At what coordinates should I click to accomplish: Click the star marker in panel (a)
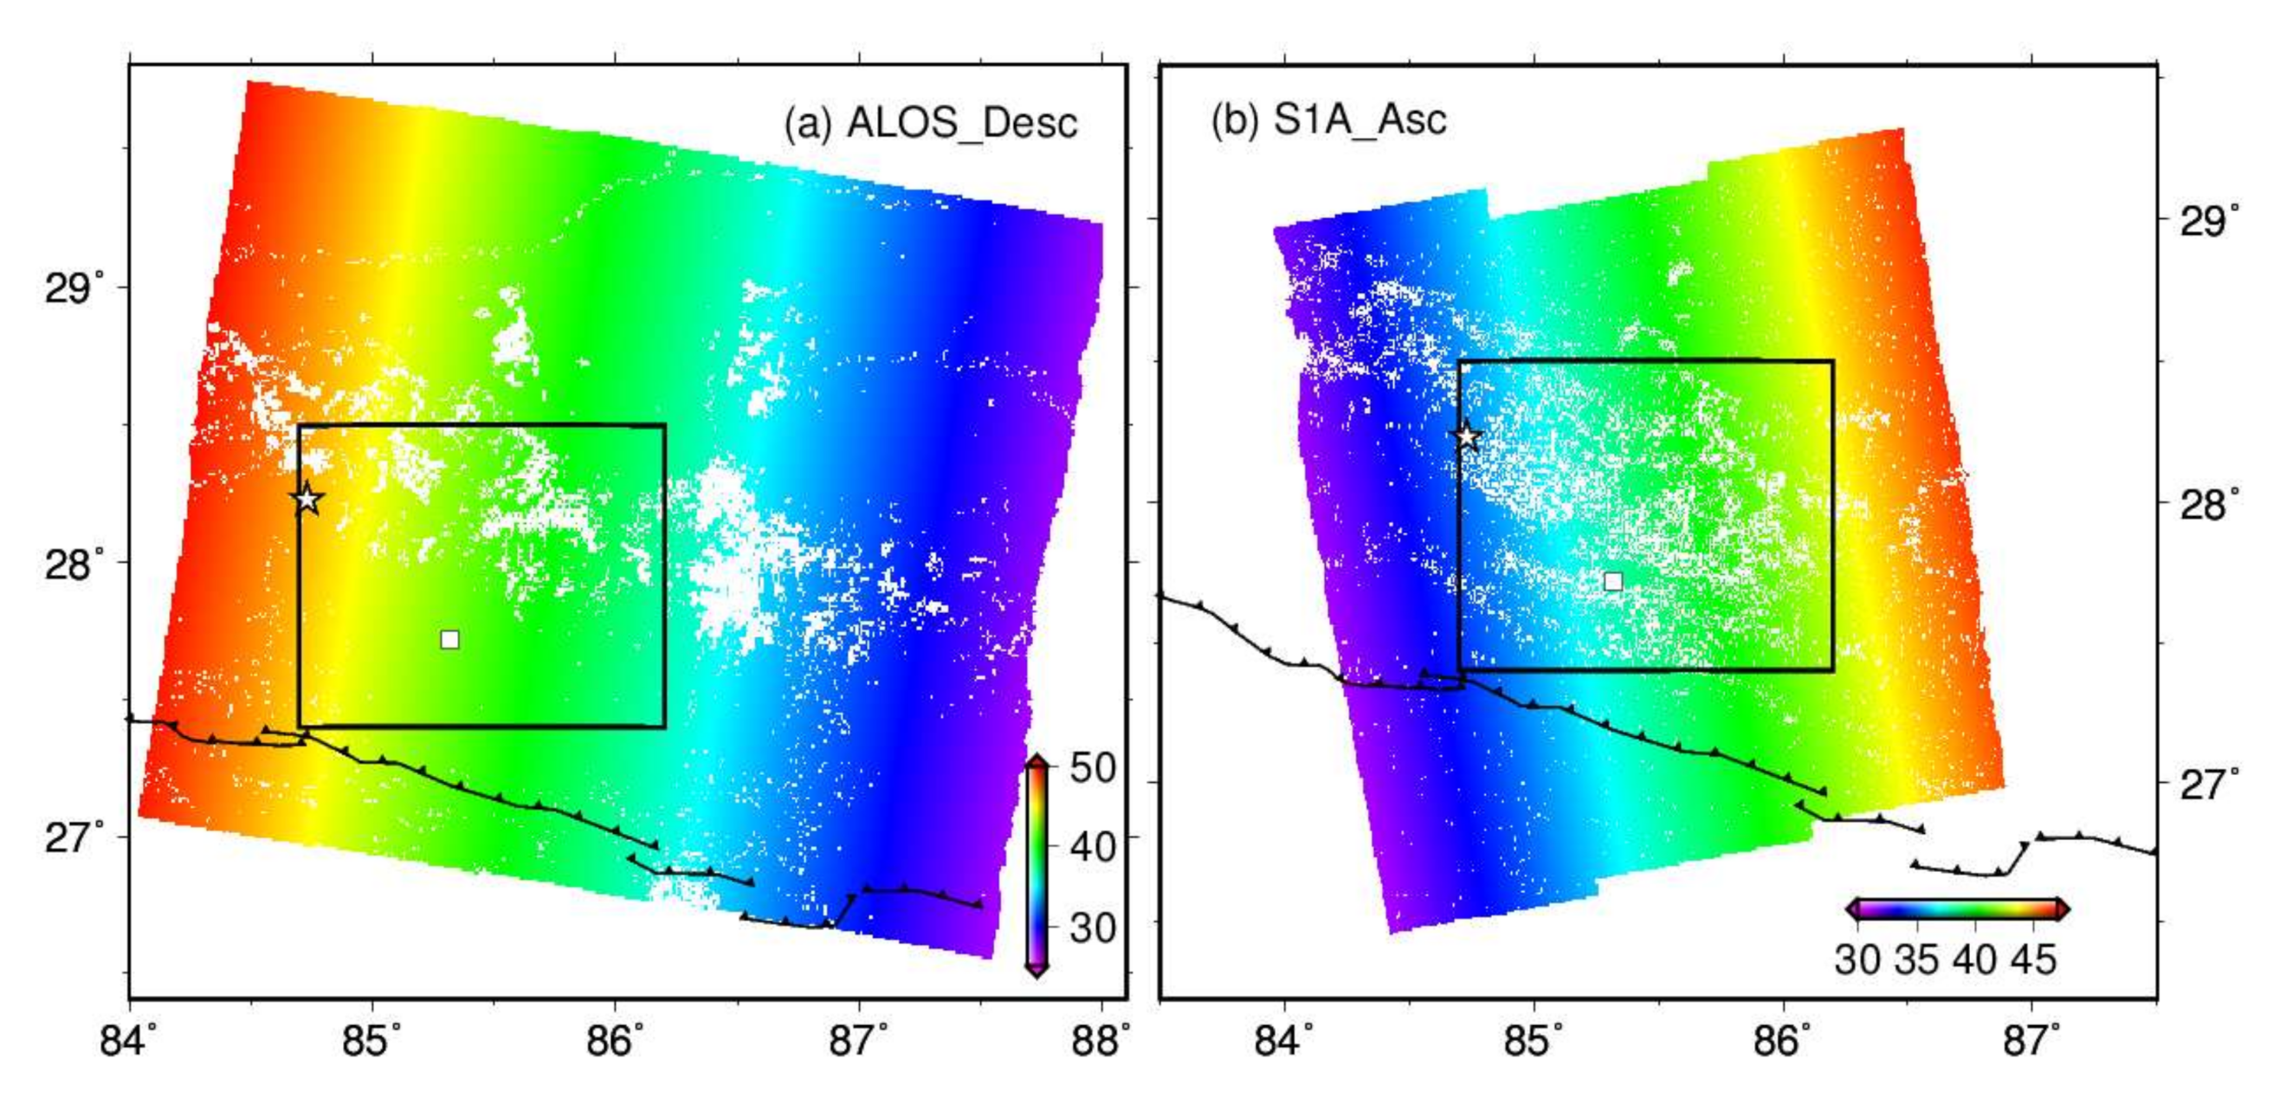click(x=307, y=500)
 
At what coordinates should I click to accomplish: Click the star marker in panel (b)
click(x=1467, y=436)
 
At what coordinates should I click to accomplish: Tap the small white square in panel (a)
click(x=450, y=640)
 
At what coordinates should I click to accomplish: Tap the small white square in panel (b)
click(x=1613, y=581)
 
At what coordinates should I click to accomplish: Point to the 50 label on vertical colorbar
click(x=1093, y=768)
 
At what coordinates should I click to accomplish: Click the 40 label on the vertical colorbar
click(x=1093, y=847)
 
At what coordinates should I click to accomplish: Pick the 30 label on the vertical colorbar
click(x=1093, y=928)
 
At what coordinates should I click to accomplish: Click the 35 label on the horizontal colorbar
click(x=1917, y=960)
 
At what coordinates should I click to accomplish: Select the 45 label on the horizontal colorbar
click(x=2032, y=960)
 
